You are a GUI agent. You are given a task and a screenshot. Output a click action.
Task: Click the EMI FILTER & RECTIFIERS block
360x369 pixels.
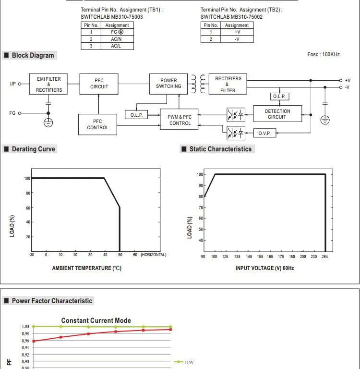[49, 84]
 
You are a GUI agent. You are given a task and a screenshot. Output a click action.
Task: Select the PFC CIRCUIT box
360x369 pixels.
[99, 84]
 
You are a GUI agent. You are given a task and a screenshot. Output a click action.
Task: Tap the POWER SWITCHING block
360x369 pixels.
[168, 83]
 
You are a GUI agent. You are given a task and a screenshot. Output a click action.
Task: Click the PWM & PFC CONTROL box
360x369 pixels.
[180, 120]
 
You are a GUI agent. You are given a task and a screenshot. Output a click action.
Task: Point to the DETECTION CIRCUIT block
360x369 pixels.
[277, 114]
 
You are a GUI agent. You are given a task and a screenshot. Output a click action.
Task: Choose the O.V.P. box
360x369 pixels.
[264, 133]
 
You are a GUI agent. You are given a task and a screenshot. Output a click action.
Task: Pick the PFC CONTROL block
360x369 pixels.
[97, 124]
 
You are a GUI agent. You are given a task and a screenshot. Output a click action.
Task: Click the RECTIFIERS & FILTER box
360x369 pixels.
[228, 84]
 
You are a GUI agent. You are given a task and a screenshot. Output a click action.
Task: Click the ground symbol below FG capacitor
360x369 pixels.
[48, 123]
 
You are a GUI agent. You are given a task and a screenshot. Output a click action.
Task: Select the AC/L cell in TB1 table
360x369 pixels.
[116, 46]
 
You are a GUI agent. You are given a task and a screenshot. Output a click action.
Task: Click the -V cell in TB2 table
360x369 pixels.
[237, 39]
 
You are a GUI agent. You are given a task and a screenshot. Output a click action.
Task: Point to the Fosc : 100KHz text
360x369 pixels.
[323, 55]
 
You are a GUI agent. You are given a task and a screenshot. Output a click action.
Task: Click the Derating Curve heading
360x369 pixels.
[33, 149]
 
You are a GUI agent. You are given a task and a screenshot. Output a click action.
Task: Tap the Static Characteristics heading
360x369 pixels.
[220, 149]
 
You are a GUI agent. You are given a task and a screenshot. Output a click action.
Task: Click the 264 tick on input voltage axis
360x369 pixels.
[325, 257]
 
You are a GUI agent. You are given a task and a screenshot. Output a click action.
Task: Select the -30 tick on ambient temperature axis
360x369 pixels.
[32, 254]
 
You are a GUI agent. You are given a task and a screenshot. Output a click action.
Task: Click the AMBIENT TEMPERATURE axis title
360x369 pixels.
[86, 268]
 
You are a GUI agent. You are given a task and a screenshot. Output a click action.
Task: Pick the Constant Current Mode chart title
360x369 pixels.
[96, 320]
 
